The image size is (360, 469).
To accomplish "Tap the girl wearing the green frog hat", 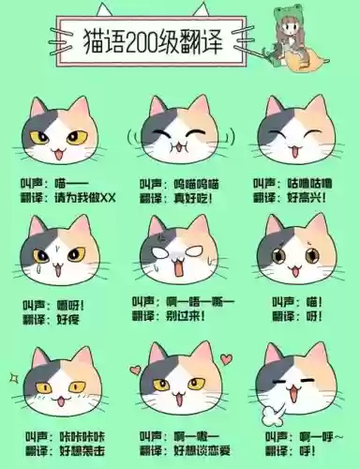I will coord(297,42).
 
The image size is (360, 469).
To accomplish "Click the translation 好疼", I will coord(68,318).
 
